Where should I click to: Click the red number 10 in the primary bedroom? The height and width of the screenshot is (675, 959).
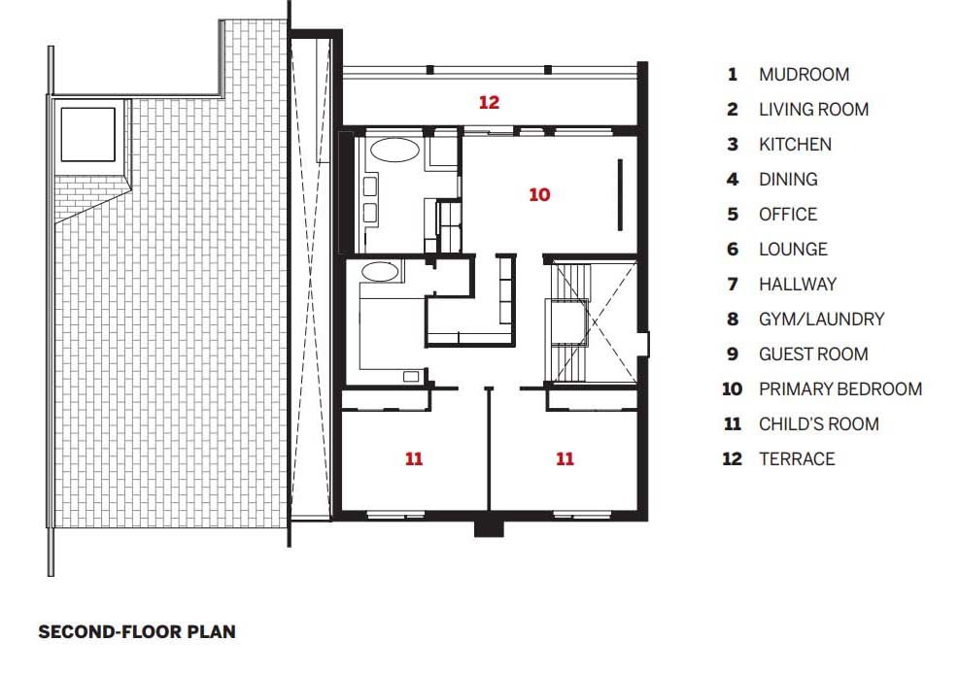click(539, 194)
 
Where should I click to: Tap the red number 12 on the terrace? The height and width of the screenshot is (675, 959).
click(490, 102)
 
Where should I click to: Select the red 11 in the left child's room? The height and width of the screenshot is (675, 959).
click(414, 458)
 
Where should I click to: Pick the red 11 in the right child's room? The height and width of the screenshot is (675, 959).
click(565, 458)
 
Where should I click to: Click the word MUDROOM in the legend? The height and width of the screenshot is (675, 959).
click(805, 75)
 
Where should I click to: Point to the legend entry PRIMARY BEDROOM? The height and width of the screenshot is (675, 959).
click(840, 388)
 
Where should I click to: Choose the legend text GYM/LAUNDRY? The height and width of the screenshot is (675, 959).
click(822, 320)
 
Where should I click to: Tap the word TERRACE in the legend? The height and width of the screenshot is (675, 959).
click(797, 458)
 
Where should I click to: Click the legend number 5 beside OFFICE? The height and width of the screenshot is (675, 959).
click(733, 214)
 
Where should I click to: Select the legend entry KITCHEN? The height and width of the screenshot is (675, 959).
click(795, 145)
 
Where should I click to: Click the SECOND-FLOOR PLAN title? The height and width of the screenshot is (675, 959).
click(137, 631)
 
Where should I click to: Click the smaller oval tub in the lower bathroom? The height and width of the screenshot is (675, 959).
click(380, 272)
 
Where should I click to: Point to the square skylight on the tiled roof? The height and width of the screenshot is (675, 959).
click(88, 134)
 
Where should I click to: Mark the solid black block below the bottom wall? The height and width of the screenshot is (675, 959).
click(489, 529)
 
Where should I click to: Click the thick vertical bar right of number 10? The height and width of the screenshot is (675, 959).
click(620, 195)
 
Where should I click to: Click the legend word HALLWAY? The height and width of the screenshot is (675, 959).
click(798, 285)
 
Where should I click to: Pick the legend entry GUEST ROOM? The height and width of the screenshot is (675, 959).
click(813, 354)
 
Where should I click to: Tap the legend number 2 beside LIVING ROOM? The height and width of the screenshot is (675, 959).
click(733, 110)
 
